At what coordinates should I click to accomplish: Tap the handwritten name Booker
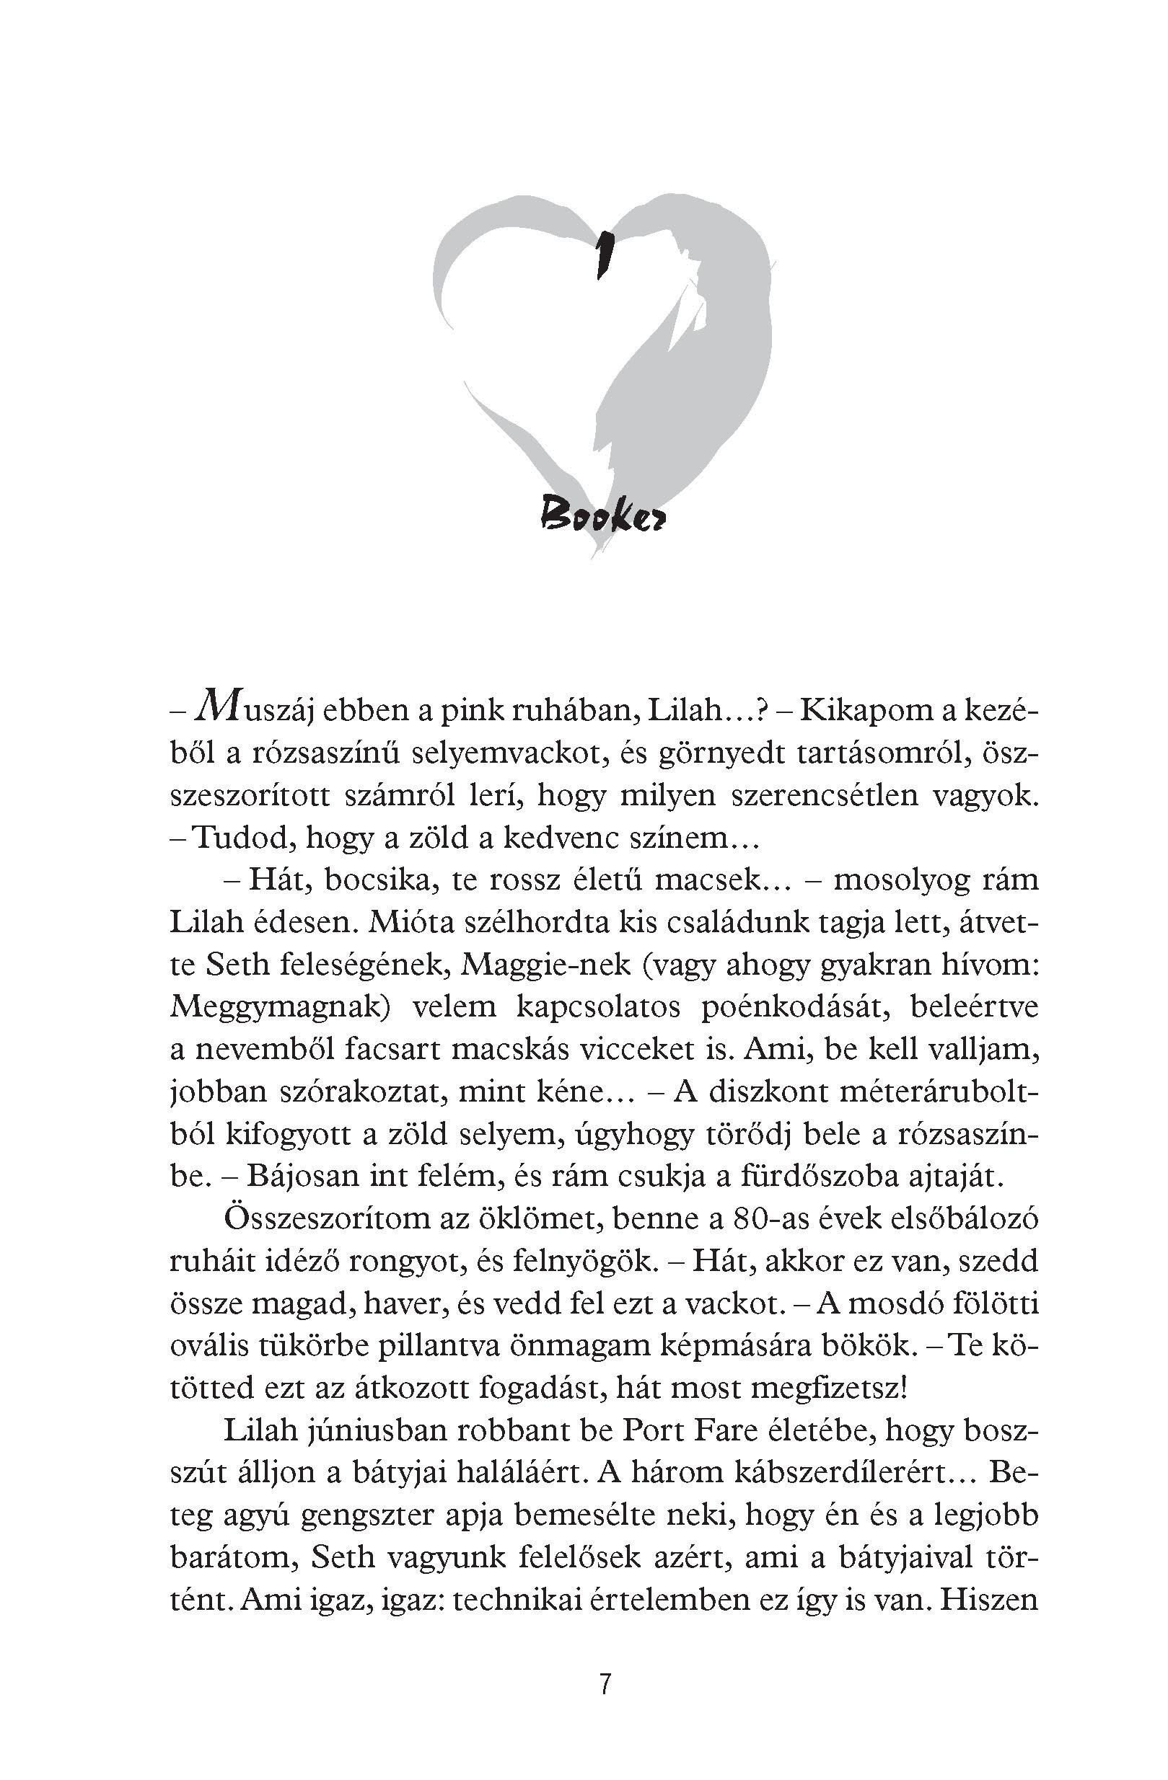click(605, 515)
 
